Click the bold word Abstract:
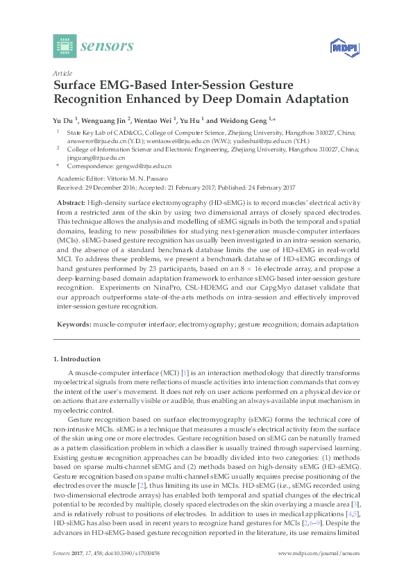click(x=71, y=201)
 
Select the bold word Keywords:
click(x=73, y=324)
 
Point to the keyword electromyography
click(x=206, y=324)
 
